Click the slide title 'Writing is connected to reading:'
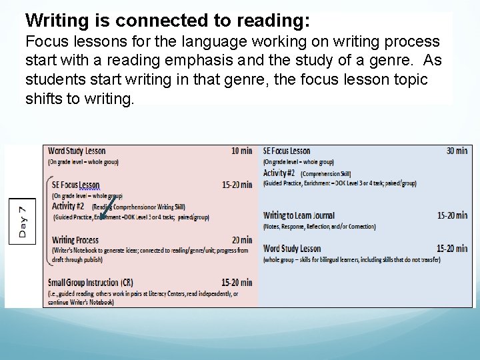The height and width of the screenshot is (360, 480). pyautogui.click(x=167, y=21)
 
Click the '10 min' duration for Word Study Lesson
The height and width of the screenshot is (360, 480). pyautogui.click(x=241, y=151)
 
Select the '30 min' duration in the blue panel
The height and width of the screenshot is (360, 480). pyautogui.click(x=457, y=151)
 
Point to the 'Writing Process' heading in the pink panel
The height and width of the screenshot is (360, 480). pyautogui.click(x=75, y=240)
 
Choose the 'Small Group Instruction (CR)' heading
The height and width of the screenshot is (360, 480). pyautogui.click(x=90, y=283)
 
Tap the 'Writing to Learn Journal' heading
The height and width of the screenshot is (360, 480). pyautogui.click(x=299, y=215)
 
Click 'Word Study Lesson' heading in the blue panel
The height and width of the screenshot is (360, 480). pyautogui.click(x=292, y=249)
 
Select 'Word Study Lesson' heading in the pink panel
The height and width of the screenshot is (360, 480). pyautogui.click(x=77, y=151)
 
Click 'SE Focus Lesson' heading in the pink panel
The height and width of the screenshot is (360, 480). pyautogui.click(x=76, y=185)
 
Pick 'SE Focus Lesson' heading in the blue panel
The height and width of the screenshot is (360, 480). pyautogui.click(x=287, y=151)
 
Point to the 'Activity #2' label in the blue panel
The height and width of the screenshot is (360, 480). pyautogui.click(x=279, y=173)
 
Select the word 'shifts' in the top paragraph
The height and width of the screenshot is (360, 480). pyautogui.click(x=45, y=99)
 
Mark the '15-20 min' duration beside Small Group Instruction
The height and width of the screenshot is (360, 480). pyautogui.click(x=237, y=283)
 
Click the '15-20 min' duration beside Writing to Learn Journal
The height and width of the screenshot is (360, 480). pyautogui.click(x=452, y=215)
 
